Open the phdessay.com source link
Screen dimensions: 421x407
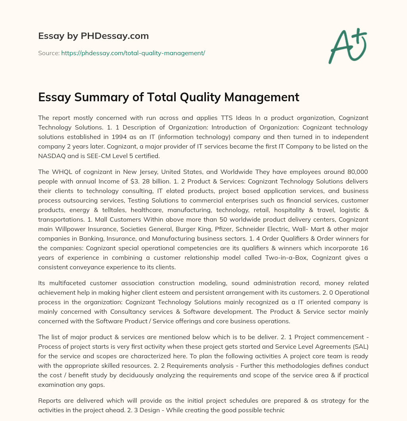(133, 53)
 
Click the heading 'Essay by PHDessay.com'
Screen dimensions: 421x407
(93, 36)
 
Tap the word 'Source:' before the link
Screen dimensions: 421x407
(48, 53)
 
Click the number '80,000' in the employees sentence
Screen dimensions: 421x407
(354, 172)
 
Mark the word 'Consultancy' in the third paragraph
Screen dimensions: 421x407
(143, 311)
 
